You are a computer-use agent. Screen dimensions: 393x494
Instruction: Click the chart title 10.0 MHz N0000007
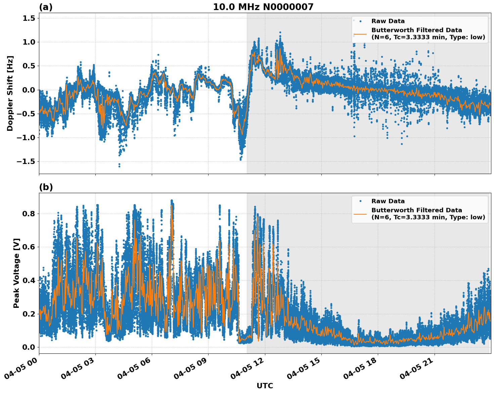263,7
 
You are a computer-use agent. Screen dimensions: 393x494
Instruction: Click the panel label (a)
46,7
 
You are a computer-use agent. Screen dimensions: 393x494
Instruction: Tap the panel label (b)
46,187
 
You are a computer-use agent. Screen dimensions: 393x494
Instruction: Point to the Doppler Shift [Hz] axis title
10,93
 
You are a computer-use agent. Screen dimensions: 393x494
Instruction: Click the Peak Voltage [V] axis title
16,273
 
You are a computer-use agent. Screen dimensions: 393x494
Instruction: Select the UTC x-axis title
265,386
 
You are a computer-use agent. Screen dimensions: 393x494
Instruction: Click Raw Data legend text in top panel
388,21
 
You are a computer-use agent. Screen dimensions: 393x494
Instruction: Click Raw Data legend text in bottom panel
388,201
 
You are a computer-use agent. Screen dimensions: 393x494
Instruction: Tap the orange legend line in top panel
360,34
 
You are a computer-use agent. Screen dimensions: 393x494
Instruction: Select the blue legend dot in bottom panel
360,201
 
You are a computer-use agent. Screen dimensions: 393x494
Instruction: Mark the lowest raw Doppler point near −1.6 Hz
119,166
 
